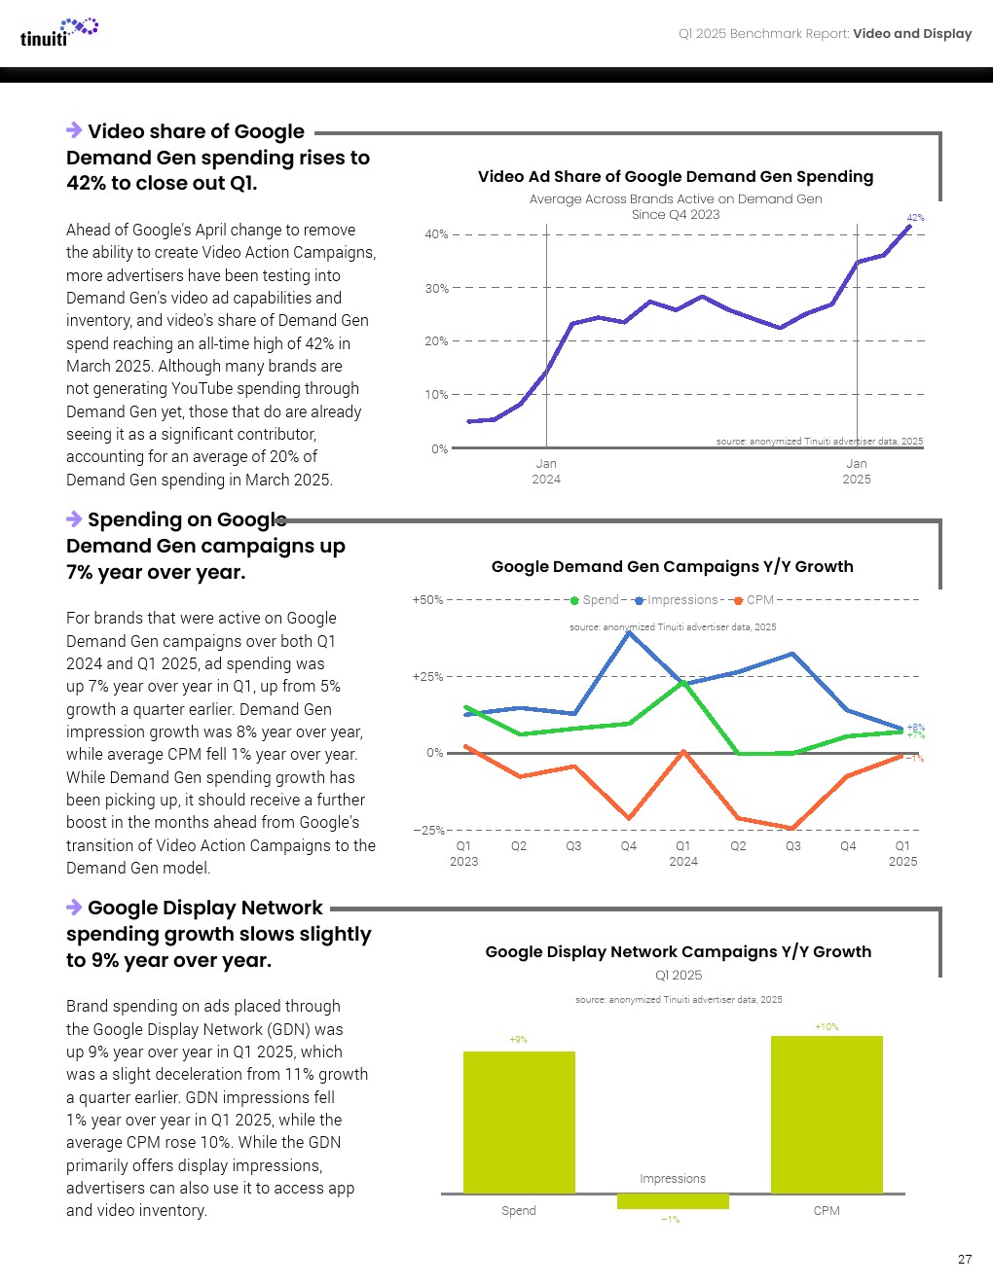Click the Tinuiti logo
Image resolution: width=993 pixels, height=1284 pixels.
point(58,32)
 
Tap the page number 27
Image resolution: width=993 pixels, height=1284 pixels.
point(964,1259)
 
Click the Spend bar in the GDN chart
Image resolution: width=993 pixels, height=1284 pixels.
point(519,1122)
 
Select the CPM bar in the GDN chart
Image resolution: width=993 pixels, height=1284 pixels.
point(827,1114)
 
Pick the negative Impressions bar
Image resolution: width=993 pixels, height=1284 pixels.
point(673,1201)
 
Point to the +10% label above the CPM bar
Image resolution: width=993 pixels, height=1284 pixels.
point(827,1026)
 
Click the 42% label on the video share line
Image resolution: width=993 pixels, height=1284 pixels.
point(915,217)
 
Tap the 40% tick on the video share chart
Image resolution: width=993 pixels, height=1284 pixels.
point(436,234)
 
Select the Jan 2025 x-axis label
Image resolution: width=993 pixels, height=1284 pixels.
point(857,471)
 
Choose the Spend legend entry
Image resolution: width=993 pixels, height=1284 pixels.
point(596,600)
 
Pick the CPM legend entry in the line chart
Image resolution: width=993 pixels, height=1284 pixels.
point(754,600)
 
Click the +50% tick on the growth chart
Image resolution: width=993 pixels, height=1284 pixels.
point(427,600)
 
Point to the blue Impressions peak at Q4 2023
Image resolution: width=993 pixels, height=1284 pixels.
point(630,632)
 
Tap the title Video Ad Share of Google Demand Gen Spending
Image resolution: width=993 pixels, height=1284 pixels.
point(676,176)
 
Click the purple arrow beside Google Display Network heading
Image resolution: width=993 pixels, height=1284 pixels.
point(74,907)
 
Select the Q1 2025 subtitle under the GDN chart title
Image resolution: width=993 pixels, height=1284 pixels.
point(679,975)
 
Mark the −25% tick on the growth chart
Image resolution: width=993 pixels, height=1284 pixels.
point(428,830)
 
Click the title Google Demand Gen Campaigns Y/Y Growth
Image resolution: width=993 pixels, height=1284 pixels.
point(673,566)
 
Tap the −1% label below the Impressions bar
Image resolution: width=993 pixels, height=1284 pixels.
point(671,1219)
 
